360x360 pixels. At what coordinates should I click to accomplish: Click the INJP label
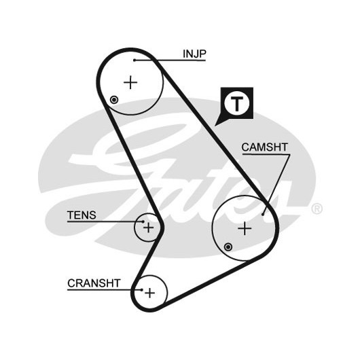tap(194, 54)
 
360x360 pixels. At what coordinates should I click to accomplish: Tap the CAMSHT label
tap(264, 147)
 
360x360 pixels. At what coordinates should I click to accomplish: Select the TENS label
tap(82, 215)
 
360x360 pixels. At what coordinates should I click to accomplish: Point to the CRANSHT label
tap(94, 283)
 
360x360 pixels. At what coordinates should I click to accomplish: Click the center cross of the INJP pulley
tap(130, 82)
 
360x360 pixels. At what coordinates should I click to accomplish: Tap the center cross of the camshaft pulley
tap(245, 228)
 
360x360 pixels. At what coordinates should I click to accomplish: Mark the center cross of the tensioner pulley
tap(149, 228)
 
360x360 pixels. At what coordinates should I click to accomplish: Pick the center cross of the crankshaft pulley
tap(149, 293)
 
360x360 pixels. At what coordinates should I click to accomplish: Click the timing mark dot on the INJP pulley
tap(114, 100)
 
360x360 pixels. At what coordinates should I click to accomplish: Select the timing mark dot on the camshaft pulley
tap(228, 247)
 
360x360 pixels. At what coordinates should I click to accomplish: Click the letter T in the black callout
tap(236, 104)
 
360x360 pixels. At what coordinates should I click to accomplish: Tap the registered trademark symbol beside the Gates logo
tap(317, 209)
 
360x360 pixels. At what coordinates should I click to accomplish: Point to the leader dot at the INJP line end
tap(134, 60)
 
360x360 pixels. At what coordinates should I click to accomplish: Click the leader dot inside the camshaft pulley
tap(263, 215)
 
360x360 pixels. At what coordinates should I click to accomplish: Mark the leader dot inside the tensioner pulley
tap(143, 221)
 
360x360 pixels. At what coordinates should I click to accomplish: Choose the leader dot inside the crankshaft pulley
tap(142, 290)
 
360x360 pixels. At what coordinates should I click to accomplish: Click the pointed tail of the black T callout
tap(215, 126)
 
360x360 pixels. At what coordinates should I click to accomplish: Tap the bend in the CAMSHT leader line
tap(289, 155)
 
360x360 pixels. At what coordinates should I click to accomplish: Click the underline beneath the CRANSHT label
tap(105, 290)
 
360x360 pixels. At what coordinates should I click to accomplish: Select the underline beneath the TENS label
tap(105, 222)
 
